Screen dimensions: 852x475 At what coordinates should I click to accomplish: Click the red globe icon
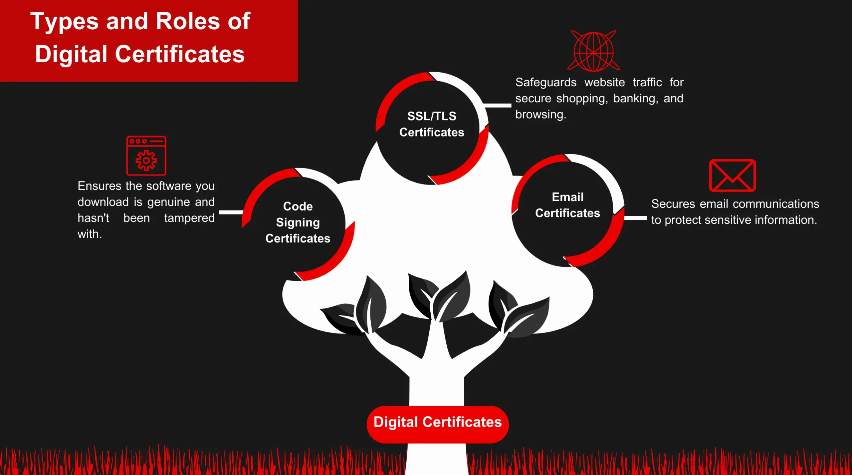pyautogui.click(x=593, y=51)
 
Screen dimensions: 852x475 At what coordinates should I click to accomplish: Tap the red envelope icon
pyautogui.click(x=732, y=176)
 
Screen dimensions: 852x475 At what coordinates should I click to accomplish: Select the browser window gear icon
pyautogui.click(x=146, y=156)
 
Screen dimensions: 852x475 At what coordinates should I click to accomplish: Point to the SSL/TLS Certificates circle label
pyautogui.click(x=432, y=124)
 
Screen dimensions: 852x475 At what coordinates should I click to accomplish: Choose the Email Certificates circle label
pyautogui.click(x=567, y=205)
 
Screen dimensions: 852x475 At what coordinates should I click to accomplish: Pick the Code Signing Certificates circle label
pyautogui.click(x=298, y=222)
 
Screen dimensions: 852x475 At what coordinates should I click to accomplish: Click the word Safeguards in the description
pyautogui.click(x=546, y=82)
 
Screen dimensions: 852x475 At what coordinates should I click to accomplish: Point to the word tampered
pyautogui.click(x=189, y=218)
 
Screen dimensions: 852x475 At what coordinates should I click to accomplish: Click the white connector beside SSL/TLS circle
pyautogui.click(x=498, y=105)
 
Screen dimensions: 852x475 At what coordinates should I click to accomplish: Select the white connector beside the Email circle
pyautogui.click(x=635, y=218)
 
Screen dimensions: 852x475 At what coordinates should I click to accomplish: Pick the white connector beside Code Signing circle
pyautogui.click(x=231, y=212)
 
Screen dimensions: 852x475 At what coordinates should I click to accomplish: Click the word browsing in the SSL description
pyautogui.click(x=541, y=115)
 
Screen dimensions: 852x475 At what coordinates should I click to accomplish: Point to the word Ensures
pyautogui.click(x=100, y=186)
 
